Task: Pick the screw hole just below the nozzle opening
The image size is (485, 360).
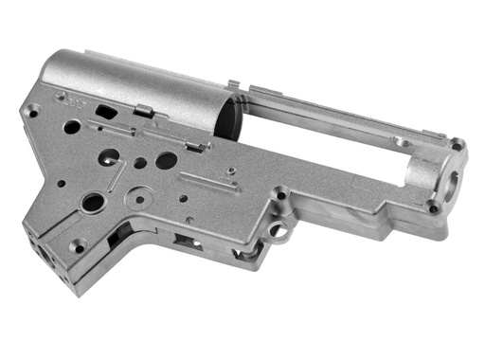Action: [433, 207]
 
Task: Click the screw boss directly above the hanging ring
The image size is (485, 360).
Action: [280, 195]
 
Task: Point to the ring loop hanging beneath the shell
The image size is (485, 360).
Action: [280, 229]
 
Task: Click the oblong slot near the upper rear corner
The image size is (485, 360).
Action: [107, 111]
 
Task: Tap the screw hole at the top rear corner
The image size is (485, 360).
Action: [33, 112]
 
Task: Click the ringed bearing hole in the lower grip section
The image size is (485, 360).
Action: [93, 201]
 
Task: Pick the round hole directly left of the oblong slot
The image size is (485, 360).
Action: [73, 125]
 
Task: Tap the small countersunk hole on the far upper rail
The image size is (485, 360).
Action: [398, 142]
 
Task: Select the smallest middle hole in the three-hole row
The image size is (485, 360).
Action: [140, 163]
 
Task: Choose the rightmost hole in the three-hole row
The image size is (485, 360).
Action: [166, 160]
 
